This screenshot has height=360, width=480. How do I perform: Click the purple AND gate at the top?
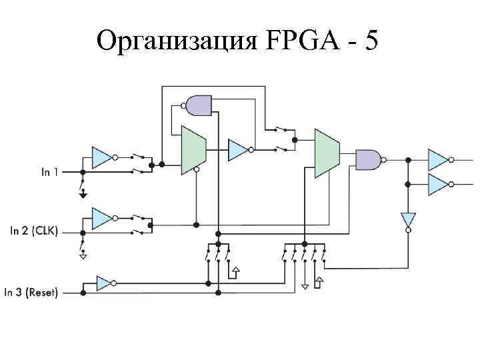click(199, 105)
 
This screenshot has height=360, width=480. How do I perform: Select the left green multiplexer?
click(193, 150)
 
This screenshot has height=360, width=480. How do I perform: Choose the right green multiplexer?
click(327, 153)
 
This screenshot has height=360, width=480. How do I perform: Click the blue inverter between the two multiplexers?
click(237, 150)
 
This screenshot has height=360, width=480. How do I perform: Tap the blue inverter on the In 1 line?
click(101, 157)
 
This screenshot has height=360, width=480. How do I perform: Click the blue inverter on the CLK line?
click(101, 217)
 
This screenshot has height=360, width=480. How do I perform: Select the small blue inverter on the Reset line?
click(104, 283)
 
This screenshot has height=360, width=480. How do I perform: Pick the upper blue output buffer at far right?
click(437, 159)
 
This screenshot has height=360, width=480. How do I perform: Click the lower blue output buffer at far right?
click(437, 183)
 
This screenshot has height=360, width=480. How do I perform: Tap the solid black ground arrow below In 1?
click(83, 194)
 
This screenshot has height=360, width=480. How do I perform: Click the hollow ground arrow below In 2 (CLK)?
click(83, 254)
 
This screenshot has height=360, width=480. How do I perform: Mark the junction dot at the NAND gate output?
click(408, 159)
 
